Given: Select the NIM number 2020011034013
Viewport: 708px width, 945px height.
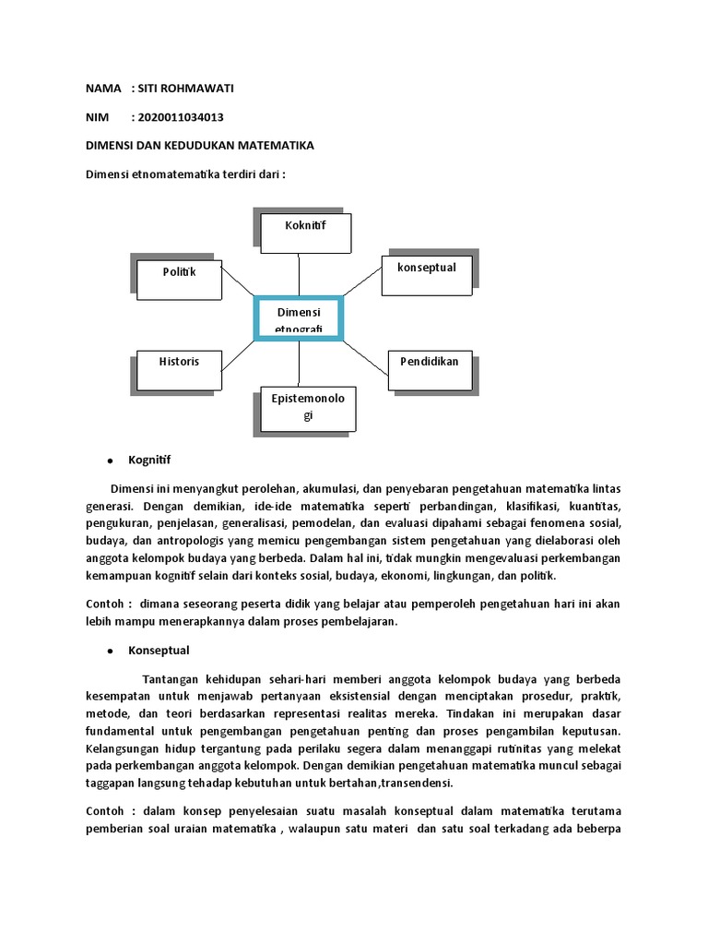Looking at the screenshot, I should [181, 117].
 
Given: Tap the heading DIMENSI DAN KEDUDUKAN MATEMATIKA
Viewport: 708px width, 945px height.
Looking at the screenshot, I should [199, 146].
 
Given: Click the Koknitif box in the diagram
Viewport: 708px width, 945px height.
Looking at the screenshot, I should [306, 233].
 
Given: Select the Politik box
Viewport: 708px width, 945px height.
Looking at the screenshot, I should [180, 279].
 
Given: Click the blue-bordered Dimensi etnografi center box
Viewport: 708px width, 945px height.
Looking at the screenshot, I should [299, 318].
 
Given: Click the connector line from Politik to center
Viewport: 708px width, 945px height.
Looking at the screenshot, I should [238, 283].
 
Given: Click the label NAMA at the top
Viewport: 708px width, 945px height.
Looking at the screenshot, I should [103, 89].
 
